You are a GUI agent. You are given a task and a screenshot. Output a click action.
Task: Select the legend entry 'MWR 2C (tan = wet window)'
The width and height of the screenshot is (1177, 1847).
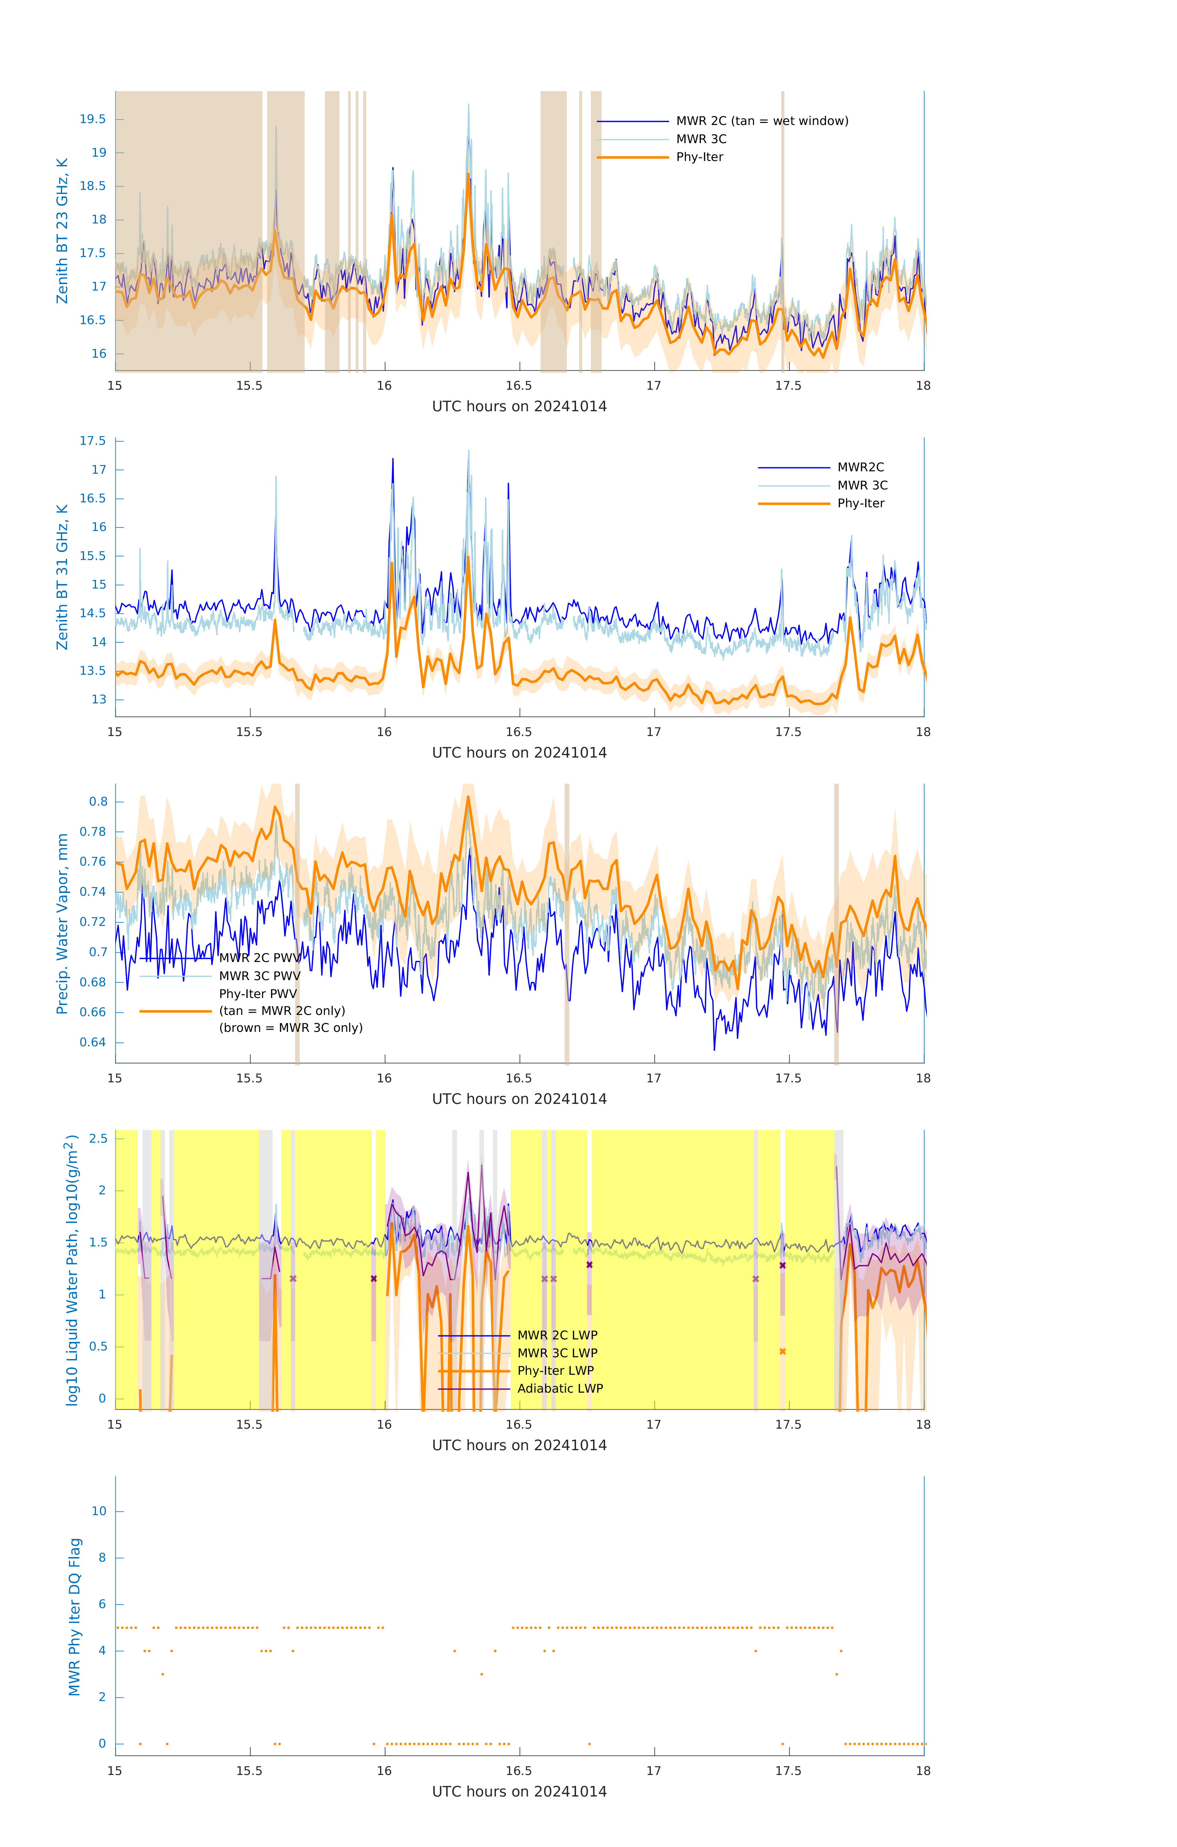click(x=761, y=121)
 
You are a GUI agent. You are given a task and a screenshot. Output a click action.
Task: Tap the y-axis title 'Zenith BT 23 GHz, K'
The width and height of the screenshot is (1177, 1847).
click(x=62, y=231)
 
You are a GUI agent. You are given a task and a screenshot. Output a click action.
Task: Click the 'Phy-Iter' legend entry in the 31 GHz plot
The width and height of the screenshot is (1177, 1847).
click(x=860, y=503)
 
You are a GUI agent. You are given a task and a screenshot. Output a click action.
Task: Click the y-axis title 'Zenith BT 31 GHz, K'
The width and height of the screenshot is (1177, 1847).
click(x=62, y=577)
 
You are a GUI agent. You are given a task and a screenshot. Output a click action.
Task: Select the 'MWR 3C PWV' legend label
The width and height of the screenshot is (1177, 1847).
click(x=259, y=976)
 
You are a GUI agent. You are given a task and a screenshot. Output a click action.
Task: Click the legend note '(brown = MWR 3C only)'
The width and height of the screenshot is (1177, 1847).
click(x=290, y=1028)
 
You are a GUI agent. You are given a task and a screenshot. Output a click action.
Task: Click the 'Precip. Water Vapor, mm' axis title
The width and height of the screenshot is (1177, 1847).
click(x=62, y=923)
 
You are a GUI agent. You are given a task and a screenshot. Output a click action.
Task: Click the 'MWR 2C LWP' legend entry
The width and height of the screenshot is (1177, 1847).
click(x=557, y=1335)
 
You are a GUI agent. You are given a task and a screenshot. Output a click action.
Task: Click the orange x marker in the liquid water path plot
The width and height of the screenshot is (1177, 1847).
click(x=782, y=1351)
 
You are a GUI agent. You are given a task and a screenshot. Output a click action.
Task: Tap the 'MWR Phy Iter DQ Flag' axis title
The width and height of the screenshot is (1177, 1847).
click(x=74, y=1616)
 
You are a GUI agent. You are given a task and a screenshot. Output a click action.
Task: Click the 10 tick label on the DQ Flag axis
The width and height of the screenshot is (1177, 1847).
click(x=99, y=1511)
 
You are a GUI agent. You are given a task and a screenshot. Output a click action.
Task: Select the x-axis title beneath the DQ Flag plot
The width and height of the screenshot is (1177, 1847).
click(x=519, y=1792)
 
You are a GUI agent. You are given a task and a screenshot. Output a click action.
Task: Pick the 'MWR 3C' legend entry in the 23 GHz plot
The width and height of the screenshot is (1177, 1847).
click(x=701, y=139)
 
